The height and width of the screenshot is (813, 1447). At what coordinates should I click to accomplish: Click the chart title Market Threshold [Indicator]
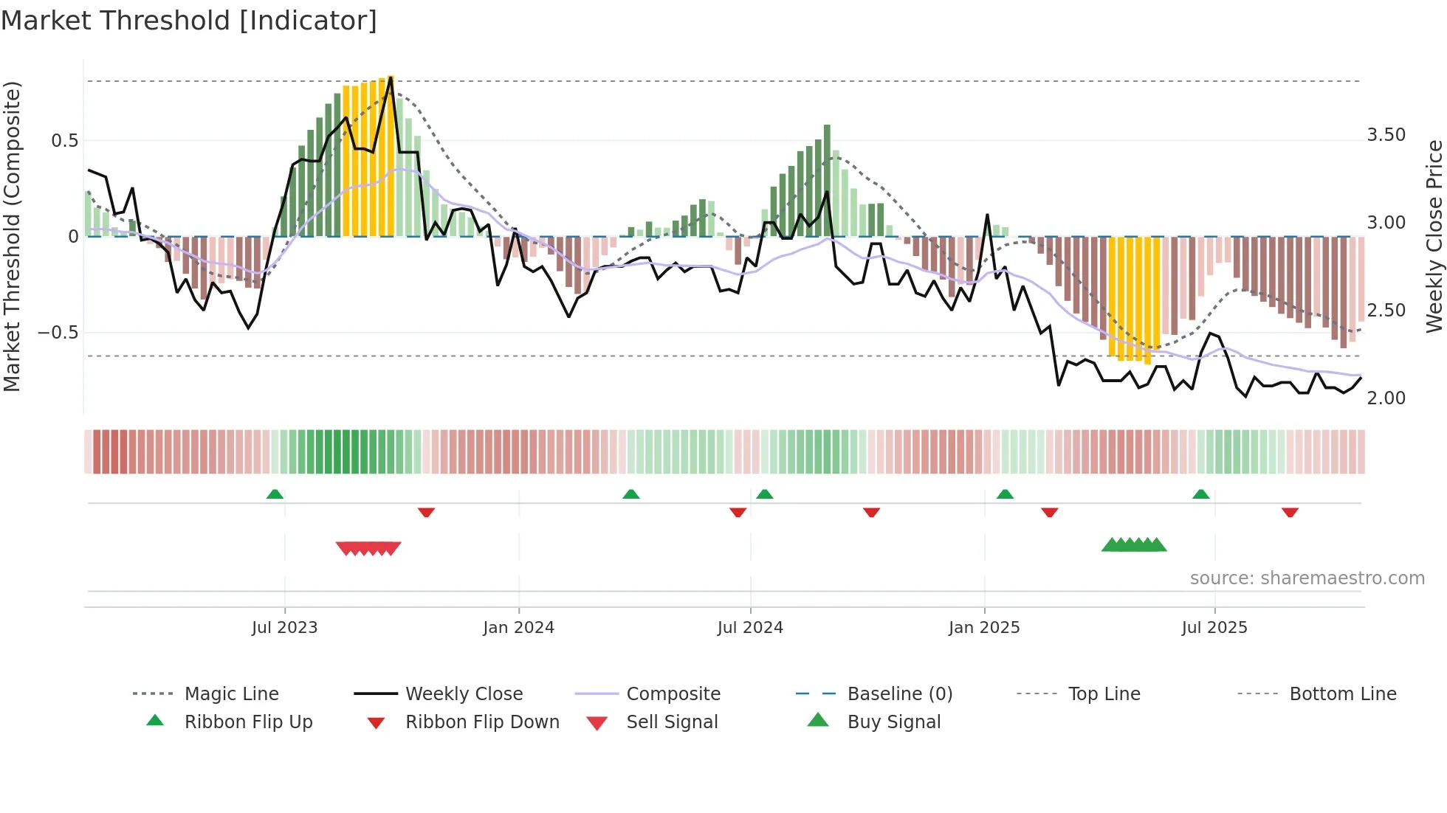coord(189,21)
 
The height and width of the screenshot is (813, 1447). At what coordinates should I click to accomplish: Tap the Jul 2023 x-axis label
coord(284,628)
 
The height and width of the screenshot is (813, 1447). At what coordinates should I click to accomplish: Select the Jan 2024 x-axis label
coord(518,628)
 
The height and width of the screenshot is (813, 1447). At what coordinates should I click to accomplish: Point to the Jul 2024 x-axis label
coord(750,628)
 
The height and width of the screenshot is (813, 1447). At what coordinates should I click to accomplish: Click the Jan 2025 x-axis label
coord(984,628)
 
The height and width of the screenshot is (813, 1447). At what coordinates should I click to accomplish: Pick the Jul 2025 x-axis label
coord(1214,628)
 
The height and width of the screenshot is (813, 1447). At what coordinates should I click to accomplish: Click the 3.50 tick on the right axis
coord(1386,135)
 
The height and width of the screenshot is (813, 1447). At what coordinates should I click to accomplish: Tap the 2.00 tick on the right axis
coord(1386,398)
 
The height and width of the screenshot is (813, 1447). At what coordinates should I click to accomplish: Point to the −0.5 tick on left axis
coord(58,333)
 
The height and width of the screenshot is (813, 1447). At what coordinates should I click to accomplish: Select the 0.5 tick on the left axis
coord(64,141)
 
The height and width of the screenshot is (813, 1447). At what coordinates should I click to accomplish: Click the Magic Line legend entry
coord(231,694)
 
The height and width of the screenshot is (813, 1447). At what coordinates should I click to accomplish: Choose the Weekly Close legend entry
coord(464,694)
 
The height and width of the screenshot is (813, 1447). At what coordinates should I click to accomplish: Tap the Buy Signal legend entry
coord(893,722)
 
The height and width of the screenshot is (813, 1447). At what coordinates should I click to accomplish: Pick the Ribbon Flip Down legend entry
coord(482,722)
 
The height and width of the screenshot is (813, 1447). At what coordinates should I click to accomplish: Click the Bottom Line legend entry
coord(1342,694)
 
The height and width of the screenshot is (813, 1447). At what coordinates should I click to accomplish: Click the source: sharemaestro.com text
coord(1307,578)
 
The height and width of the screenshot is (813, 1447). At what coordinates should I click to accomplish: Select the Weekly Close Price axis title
coord(1434,236)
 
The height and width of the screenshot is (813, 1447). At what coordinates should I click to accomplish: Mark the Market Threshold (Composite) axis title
coord(13,236)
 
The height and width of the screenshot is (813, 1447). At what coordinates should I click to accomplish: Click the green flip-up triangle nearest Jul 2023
coord(275,494)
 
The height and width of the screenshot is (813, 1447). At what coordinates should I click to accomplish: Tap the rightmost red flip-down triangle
coord(1290,512)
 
